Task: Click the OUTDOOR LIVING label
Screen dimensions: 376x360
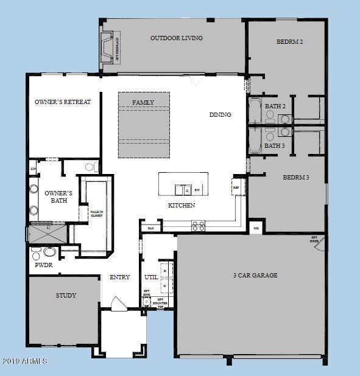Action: pos(177,38)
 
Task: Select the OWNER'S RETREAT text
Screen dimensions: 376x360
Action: pos(63,102)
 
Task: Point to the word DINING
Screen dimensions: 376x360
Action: pos(220,114)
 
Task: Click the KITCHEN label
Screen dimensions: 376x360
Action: pos(182,206)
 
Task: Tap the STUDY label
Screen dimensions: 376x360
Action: pos(66,296)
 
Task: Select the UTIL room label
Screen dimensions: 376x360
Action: pos(150,277)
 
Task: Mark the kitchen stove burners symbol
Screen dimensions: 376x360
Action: pos(199,226)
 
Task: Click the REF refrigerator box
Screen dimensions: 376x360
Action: pos(236,187)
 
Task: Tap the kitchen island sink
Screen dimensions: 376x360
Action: pos(180,189)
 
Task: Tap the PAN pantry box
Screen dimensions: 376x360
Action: pos(150,228)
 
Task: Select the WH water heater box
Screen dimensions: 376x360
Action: pos(256,228)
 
